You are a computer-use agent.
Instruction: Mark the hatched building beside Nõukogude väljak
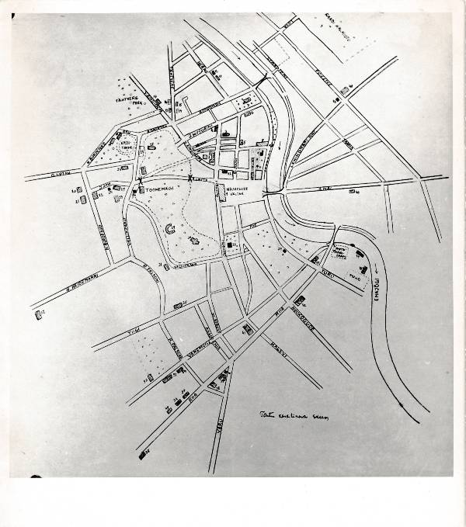[x=231, y=247]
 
